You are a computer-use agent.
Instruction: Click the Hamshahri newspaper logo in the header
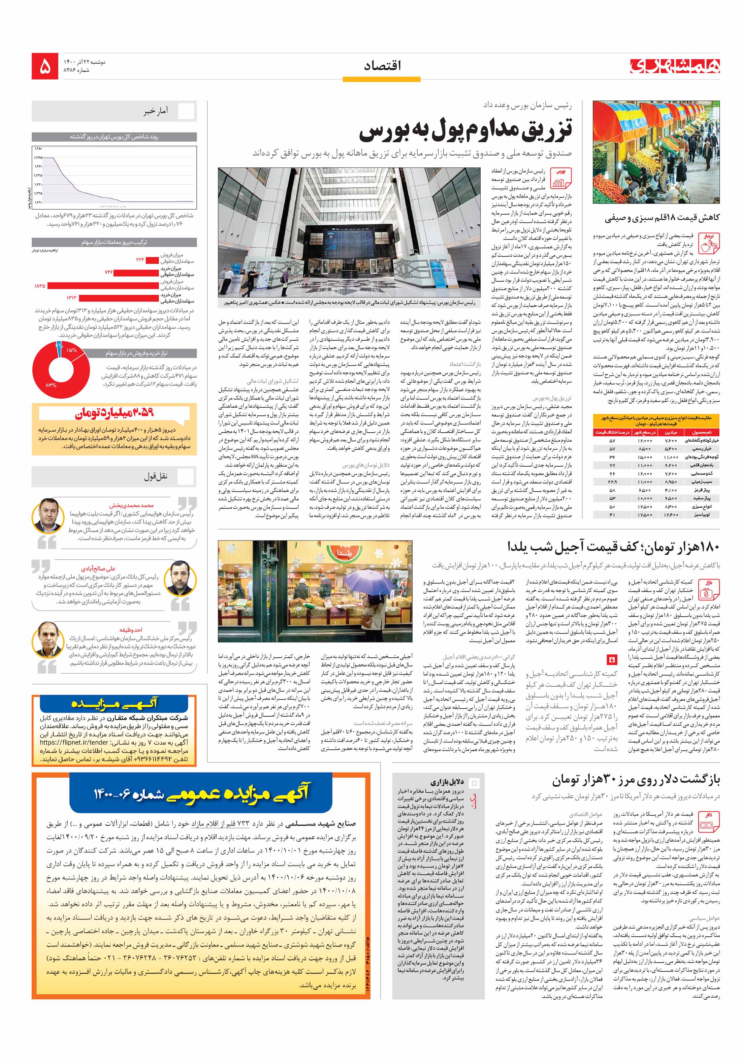click(675, 66)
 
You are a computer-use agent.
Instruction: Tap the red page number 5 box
click(45, 66)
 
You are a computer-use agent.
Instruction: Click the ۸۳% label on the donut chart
click(51, 385)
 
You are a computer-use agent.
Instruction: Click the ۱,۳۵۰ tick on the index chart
click(38, 149)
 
